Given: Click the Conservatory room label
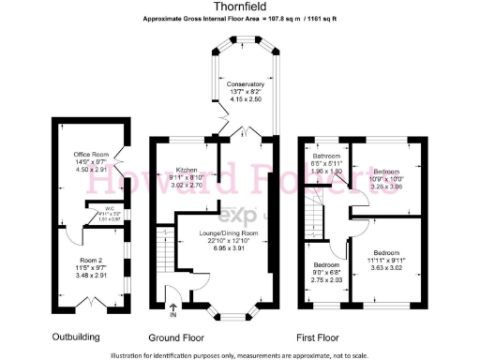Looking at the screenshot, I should click(x=246, y=84).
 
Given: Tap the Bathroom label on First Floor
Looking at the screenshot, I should click(x=326, y=156).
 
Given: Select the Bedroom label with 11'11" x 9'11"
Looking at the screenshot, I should click(x=386, y=253).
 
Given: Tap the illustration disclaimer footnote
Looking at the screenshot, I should click(x=240, y=354).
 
